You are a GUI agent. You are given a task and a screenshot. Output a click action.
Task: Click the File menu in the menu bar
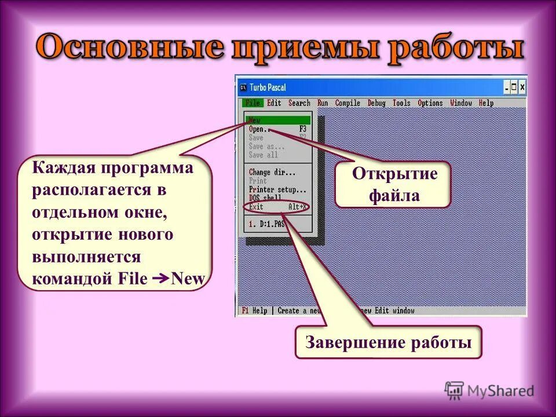(253, 103)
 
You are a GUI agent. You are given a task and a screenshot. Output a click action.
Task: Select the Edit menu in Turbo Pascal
(274, 103)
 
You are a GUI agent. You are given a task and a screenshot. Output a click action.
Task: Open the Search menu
(299, 103)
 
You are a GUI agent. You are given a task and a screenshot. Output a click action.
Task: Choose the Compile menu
(348, 103)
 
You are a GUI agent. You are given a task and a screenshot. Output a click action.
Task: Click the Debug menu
(376, 103)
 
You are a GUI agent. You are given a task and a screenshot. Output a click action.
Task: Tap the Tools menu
(401, 103)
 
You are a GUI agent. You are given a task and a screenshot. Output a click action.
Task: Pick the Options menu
(430, 103)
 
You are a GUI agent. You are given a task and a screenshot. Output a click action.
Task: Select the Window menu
(461, 103)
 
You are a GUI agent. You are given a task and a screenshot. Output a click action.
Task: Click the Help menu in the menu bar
(487, 103)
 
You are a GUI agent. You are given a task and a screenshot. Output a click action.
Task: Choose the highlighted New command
(255, 120)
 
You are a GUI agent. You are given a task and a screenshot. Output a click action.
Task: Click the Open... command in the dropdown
(257, 129)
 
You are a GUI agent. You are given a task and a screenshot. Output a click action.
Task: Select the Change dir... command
(272, 172)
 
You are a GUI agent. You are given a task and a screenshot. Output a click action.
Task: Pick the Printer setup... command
(277, 189)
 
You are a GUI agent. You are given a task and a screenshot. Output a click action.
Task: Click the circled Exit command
(256, 207)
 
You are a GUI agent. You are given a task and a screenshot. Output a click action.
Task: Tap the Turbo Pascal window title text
(268, 87)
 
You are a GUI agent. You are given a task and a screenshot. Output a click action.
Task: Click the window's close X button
(522, 87)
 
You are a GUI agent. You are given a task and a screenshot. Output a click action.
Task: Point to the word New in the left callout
(189, 279)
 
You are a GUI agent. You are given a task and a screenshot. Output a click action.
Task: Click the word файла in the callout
(394, 196)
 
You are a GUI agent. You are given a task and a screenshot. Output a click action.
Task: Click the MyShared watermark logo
(490, 391)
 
